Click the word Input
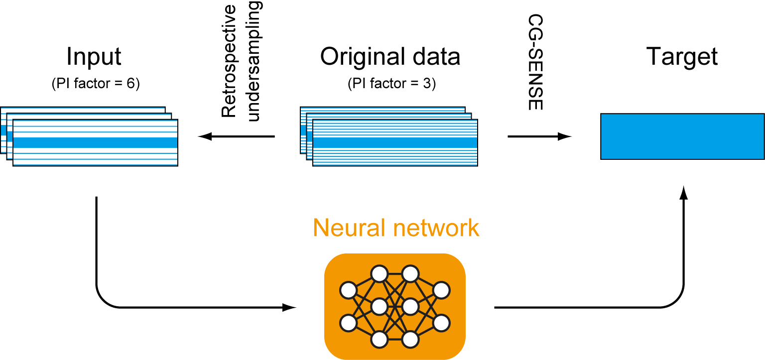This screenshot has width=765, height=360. (94, 57)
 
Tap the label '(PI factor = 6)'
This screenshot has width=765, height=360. (95, 84)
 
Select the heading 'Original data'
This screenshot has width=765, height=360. (390, 57)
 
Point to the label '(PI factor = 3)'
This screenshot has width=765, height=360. (391, 84)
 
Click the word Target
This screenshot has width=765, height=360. (682, 57)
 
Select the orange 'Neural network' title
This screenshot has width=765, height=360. (396, 228)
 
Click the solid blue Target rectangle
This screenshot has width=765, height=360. (682, 136)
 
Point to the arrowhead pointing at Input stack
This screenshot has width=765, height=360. (204, 136)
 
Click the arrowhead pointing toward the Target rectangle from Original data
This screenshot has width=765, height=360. (565, 136)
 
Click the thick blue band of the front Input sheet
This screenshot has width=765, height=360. (95, 142)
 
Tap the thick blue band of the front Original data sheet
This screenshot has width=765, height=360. (395, 142)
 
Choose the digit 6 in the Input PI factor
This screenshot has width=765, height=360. (130, 84)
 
